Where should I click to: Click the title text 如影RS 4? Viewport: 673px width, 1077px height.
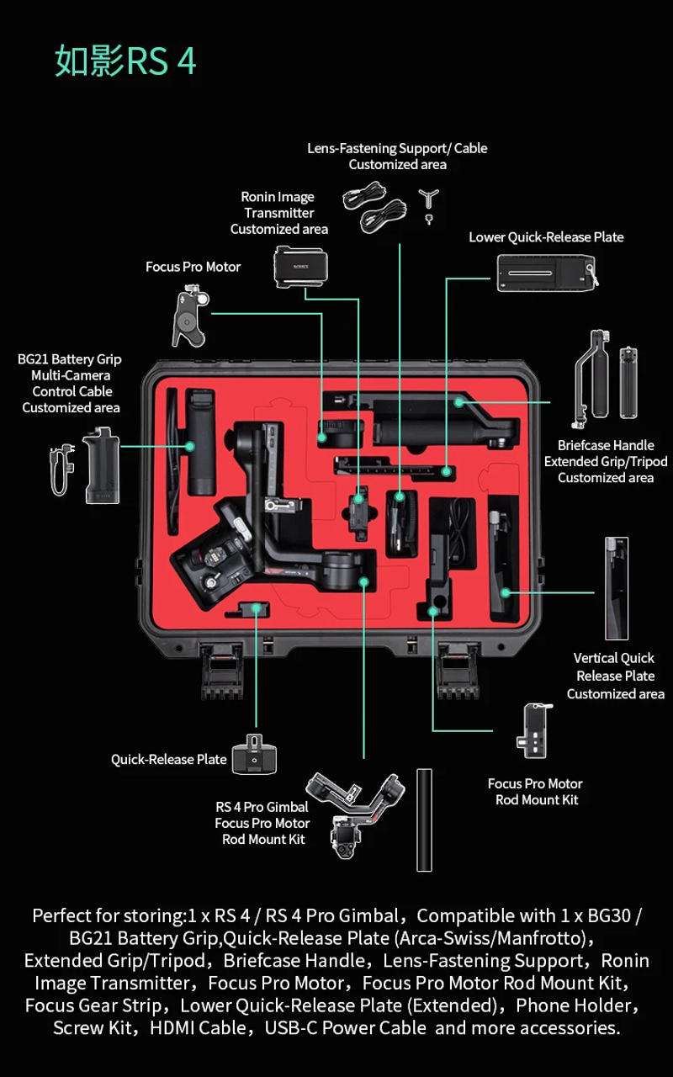tap(125, 62)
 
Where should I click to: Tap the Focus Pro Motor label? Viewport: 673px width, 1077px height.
tap(193, 267)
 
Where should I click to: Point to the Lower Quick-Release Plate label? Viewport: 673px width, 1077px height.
tap(546, 237)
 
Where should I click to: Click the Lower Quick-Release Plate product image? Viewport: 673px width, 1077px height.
tap(547, 273)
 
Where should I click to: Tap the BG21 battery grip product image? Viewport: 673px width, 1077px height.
tap(101, 466)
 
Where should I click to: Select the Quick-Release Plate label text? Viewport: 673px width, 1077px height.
tap(169, 759)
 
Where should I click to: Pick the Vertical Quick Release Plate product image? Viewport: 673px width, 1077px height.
tap(616, 588)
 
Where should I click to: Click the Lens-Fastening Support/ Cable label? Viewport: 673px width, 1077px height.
tap(397, 148)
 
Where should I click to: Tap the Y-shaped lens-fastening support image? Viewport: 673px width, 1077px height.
tap(429, 202)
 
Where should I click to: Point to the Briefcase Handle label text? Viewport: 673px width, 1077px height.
tap(605, 445)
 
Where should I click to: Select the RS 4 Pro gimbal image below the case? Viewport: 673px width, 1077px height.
tap(354, 813)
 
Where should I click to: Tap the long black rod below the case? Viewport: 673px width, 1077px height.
tap(424, 820)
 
